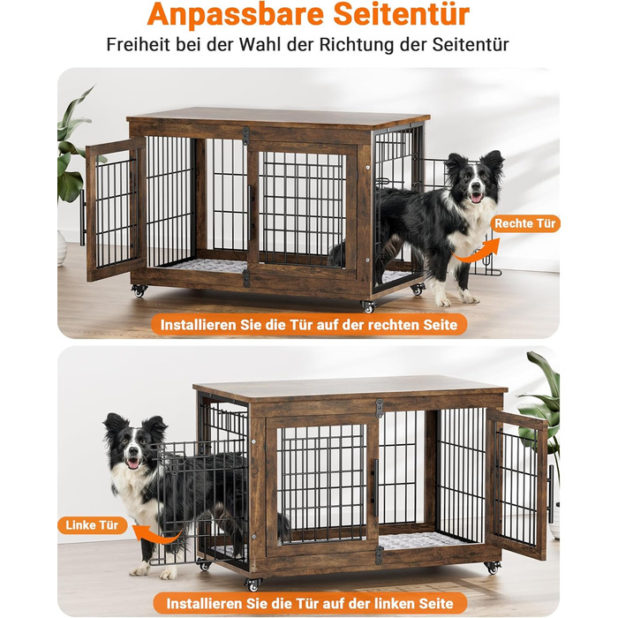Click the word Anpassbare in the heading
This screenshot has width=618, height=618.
tap(236, 15)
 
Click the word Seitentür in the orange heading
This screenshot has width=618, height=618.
tap(401, 14)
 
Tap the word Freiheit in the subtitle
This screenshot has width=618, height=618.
tap(138, 44)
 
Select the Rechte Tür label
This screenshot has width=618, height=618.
tap(525, 223)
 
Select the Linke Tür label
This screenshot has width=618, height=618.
tap(92, 525)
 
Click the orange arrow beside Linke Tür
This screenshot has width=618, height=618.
tap(155, 534)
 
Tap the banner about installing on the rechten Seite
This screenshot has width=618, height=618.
tap(309, 325)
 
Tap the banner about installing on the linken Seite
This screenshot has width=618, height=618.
tap(310, 603)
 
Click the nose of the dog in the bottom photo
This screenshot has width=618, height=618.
tap(132, 451)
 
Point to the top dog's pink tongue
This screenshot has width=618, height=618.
tap(476, 198)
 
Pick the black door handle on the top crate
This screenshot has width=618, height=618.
tap(250, 213)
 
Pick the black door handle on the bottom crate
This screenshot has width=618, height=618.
tap(375, 488)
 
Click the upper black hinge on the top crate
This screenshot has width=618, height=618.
tap(246, 136)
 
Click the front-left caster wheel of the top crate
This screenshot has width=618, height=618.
tap(139, 290)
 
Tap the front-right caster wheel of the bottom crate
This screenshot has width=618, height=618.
tap(493, 569)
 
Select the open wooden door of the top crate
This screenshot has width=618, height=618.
tap(116, 209)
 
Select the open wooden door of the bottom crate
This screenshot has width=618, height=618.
tap(516, 483)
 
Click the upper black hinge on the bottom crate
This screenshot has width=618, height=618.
tap(379, 408)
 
